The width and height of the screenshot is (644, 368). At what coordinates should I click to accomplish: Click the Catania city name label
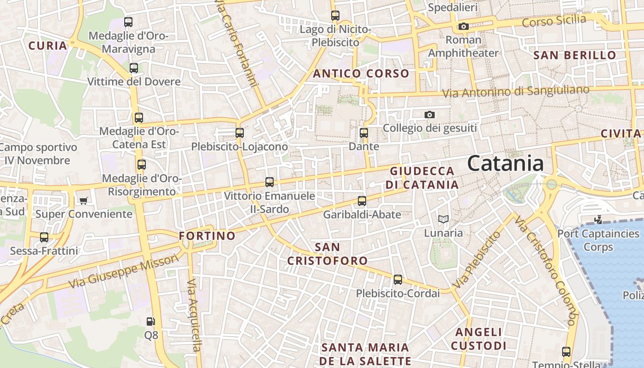[x=506, y=163]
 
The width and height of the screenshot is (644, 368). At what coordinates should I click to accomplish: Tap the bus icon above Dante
[x=364, y=133]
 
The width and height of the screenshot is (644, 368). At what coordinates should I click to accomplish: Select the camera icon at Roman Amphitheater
[x=464, y=26]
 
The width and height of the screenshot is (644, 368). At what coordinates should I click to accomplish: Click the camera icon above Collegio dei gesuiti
[x=430, y=115]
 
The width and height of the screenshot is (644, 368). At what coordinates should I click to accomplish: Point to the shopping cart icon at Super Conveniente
[x=83, y=200]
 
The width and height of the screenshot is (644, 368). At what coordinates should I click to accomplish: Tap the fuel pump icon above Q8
[x=150, y=322]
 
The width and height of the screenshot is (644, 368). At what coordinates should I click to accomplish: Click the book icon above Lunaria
[x=443, y=219]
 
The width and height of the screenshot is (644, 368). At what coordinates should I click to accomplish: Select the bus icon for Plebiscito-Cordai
[x=397, y=280]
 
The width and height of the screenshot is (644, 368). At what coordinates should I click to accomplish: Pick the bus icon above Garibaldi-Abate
[x=362, y=201]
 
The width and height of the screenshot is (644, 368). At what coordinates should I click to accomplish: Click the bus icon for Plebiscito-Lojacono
[x=239, y=133]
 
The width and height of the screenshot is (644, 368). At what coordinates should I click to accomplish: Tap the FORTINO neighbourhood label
[x=207, y=236]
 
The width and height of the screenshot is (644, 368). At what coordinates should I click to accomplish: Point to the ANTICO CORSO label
[x=361, y=74]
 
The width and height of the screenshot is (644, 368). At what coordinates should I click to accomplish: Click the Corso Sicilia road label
[x=554, y=21]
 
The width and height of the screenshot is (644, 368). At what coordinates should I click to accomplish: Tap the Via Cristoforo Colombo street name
[x=546, y=271]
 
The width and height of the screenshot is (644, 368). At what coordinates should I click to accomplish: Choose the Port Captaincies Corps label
[x=598, y=240]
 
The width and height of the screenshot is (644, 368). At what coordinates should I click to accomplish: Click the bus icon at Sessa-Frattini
[x=44, y=237]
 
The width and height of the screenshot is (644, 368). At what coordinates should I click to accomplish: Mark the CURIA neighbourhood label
[x=48, y=46]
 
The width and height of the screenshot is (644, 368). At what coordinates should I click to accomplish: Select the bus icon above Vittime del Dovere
[x=134, y=68]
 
